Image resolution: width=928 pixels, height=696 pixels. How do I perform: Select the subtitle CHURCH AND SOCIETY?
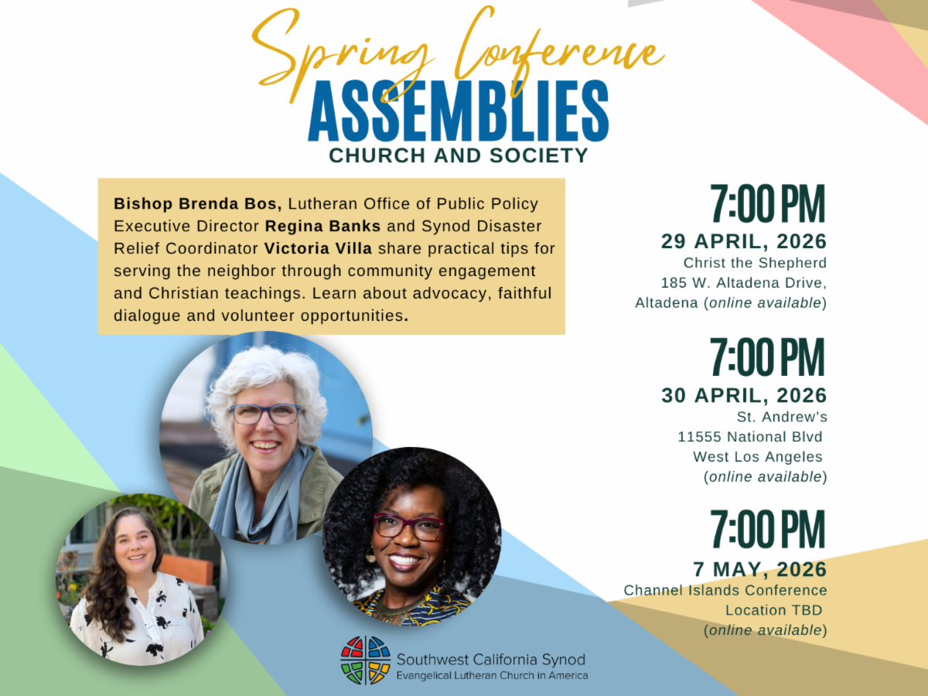(x=459, y=155)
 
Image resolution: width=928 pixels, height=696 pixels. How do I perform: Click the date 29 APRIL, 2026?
(x=744, y=241)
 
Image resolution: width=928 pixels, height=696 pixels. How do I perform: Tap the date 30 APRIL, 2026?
(x=744, y=395)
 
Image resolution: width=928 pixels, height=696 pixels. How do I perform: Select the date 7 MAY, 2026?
(x=760, y=569)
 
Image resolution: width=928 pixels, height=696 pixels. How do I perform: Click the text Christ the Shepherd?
(x=755, y=263)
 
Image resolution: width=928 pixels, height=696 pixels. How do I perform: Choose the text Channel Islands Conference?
(x=725, y=590)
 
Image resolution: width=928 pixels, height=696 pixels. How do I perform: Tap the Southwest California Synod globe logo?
(x=365, y=660)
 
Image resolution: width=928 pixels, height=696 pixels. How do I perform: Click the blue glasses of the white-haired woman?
(x=265, y=414)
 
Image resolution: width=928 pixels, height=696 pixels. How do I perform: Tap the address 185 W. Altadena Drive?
(x=744, y=282)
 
